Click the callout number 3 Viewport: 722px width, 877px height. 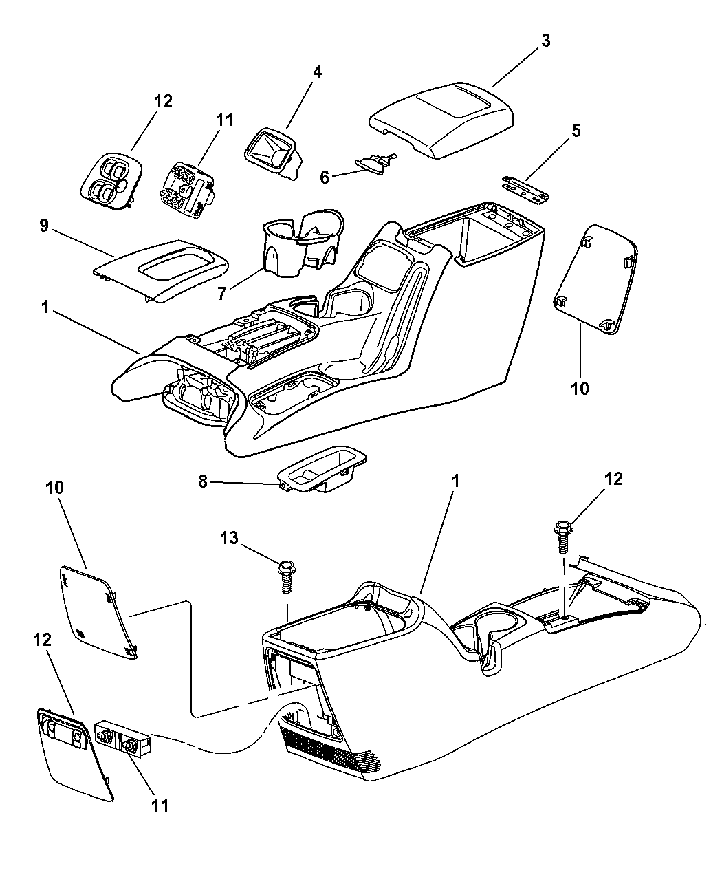click(x=545, y=41)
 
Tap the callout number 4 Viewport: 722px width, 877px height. click(x=318, y=72)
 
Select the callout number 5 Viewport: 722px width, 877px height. click(x=576, y=131)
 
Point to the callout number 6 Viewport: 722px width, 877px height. click(x=325, y=176)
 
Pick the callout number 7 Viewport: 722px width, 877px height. click(x=222, y=294)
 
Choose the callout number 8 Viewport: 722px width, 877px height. click(x=203, y=481)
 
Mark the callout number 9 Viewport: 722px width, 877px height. click(x=44, y=227)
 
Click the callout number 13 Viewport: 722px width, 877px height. click(x=230, y=539)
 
